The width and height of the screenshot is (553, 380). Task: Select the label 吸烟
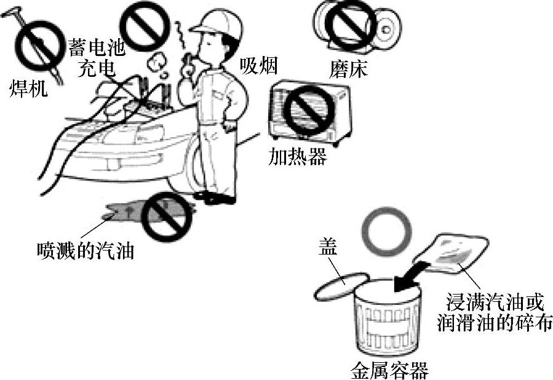(x=259, y=65)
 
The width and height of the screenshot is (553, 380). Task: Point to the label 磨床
(x=349, y=69)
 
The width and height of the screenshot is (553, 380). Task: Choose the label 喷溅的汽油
(x=85, y=250)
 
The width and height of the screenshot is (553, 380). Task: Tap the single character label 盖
(x=327, y=247)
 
